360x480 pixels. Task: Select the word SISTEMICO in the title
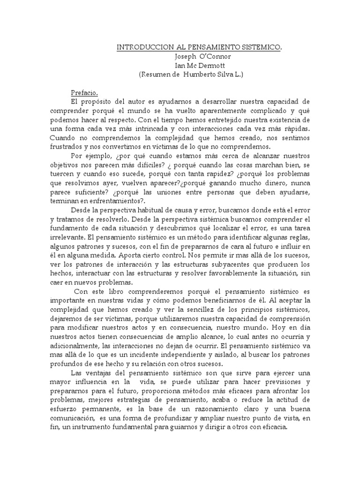(263, 48)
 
